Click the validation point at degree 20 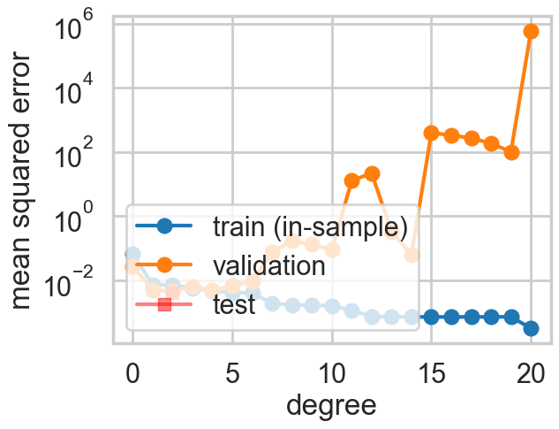[532, 31]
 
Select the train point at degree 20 [532, 328]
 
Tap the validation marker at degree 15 [432, 133]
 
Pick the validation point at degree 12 [372, 173]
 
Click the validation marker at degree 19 [511, 152]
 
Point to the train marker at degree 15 [432, 317]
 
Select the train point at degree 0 [132, 254]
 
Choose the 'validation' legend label [269, 265]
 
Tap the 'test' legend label [234, 305]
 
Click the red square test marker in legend [164, 305]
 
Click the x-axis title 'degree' [332, 405]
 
